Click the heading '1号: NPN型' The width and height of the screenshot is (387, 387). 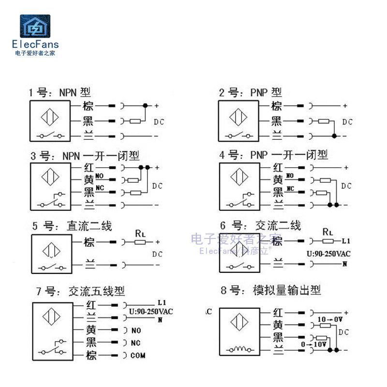[x=60, y=92]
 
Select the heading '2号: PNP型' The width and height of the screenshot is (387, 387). [x=250, y=92]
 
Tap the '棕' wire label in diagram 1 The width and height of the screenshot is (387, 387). [x=88, y=106]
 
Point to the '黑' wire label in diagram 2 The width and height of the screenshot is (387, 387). [x=277, y=121]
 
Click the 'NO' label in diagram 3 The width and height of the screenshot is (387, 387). [x=100, y=176]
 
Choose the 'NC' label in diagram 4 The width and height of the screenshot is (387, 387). [x=290, y=188]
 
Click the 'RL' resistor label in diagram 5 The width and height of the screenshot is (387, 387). [x=140, y=233]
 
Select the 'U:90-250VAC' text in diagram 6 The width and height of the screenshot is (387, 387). [x=328, y=253]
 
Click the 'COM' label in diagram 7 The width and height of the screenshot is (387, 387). [x=138, y=356]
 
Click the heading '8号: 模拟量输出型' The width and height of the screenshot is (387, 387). [x=271, y=290]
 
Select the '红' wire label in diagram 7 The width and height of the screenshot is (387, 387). [x=91, y=305]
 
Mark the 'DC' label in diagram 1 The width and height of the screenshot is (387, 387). [x=159, y=121]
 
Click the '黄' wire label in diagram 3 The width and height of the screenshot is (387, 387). [x=89, y=180]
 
